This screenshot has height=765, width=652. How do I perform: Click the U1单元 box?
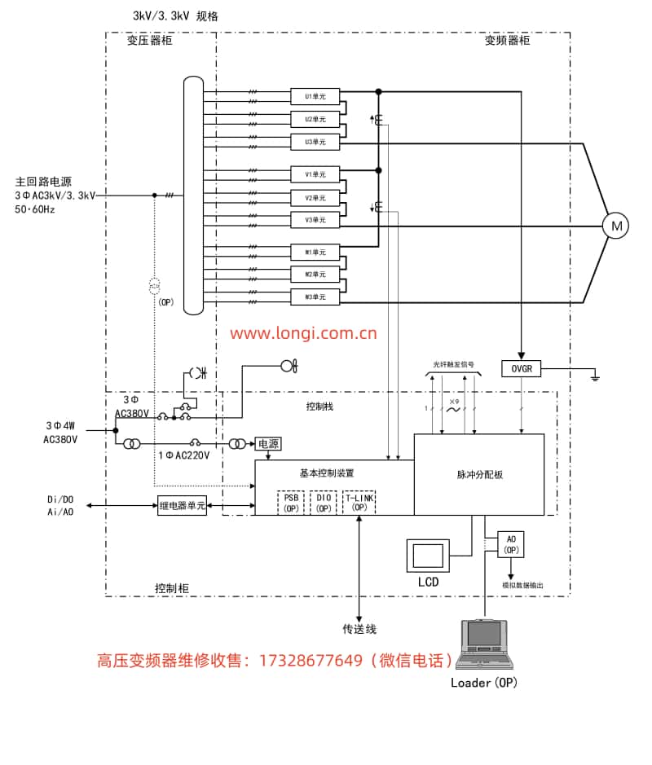[x=315, y=96]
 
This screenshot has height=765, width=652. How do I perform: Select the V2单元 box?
[x=315, y=197]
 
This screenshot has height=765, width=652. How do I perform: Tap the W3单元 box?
[x=315, y=297]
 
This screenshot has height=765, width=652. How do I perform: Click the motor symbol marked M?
[x=615, y=226]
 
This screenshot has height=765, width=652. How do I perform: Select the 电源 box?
[x=268, y=444]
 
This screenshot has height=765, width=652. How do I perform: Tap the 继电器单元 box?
[x=183, y=506]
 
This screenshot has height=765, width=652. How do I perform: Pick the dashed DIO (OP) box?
[x=323, y=502]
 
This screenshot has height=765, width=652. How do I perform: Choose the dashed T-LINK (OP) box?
[x=359, y=502]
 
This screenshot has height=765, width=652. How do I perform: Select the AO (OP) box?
[x=511, y=544]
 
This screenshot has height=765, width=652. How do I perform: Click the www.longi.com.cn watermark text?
[x=302, y=332]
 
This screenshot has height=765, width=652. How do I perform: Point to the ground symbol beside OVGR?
[x=596, y=376]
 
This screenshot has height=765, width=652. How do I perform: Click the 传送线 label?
[x=359, y=629]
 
